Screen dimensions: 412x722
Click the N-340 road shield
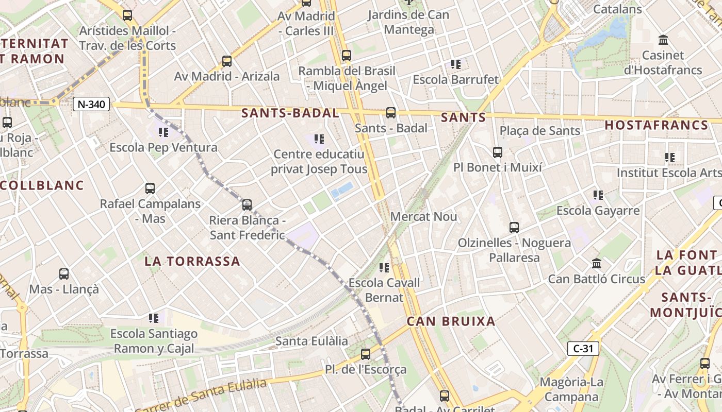[x=92, y=105]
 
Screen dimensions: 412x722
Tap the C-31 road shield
[x=583, y=349]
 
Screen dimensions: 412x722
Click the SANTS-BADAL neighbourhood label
[x=290, y=113]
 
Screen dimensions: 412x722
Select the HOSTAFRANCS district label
[x=657, y=125]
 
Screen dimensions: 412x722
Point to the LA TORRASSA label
[x=192, y=261]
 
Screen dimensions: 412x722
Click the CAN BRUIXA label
[x=451, y=321]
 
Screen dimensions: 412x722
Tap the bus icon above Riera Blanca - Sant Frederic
[x=247, y=205]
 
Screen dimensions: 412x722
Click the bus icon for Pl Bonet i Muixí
[x=497, y=152]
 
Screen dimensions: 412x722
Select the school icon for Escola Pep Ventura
[x=163, y=132]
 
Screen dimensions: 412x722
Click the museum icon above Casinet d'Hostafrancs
[x=663, y=40]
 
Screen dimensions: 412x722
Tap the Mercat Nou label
[x=423, y=217]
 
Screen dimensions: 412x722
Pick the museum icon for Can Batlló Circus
[x=597, y=264]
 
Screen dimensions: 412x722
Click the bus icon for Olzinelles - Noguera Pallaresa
[x=514, y=228]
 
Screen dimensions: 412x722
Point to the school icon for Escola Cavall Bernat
[x=384, y=267]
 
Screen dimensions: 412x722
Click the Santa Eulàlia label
[x=311, y=341]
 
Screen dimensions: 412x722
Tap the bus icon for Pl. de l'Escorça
[x=366, y=354]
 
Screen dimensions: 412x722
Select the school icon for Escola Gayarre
[x=598, y=195]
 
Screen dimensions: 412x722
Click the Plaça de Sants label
[x=540, y=131]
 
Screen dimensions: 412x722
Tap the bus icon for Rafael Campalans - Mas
[x=150, y=188]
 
